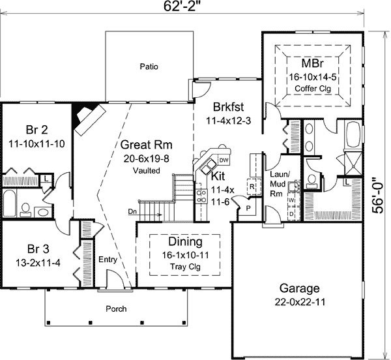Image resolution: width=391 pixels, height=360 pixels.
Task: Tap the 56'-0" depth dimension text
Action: click(x=379, y=196)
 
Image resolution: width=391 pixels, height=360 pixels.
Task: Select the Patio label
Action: click(x=149, y=67)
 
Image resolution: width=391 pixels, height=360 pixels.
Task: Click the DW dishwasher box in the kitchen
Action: click(x=224, y=160)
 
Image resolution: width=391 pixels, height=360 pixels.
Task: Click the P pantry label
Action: click(x=248, y=208)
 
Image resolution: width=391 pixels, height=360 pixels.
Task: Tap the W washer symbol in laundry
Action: click(x=291, y=200)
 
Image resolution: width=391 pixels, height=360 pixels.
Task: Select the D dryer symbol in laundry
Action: click(x=291, y=214)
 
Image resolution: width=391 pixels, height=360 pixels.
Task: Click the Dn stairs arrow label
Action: click(x=132, y=211)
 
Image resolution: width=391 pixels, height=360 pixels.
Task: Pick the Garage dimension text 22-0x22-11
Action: click(x=300, y=303)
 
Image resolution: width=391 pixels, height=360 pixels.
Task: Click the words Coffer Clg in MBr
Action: click(x=313, y=89)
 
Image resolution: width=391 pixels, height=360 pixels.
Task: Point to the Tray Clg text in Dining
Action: click(x=185, y=267)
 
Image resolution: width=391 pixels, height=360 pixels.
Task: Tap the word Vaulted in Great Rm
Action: click(x=147, y=171)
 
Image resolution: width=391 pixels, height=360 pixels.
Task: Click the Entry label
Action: click(x=108, y=260)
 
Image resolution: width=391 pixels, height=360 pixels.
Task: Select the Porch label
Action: click(x=116, y=309)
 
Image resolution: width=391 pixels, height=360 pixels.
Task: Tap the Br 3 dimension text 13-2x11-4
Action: click(x=38, y=263)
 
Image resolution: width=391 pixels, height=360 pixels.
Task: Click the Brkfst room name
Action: click(x=229, y=107)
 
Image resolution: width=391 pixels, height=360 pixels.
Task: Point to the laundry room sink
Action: click(x=294, y=187)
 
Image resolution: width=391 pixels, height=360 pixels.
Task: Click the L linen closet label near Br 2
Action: click(x=46, y=179)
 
